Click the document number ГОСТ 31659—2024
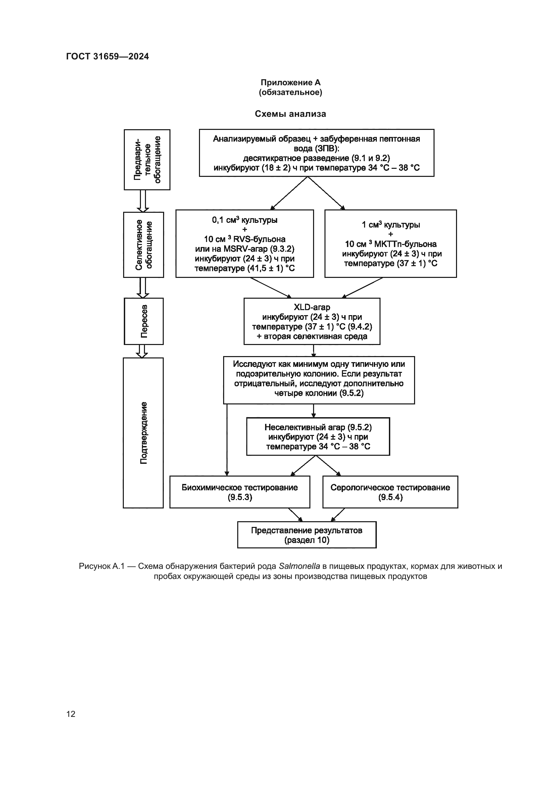pos(108,56)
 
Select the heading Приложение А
pos(291,83)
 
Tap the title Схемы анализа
pos(291,114)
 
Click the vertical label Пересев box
pos(144,321)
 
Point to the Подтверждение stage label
pos(144,433)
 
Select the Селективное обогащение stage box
pos(144,245)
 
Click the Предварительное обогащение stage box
pos(147,160)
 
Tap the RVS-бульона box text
pos(245,243)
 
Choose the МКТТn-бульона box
pos(391,243)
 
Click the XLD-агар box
pos(312,322)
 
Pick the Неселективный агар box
pos(318,437)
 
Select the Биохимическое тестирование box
pos(240,492)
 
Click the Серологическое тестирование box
pos(390,492)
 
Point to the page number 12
pos(71,714)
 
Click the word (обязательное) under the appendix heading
pos(291,92)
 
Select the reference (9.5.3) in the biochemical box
pos(240,497)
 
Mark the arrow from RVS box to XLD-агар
pos(271,288)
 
